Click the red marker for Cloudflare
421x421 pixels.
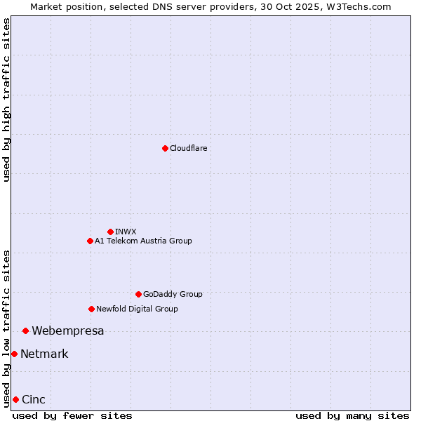pyautogui.click(x=165, y=148)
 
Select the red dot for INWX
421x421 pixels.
pyautogui.click(x=110, y=232)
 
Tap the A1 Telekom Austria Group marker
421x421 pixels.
pyautogui.click(x=90, y=241)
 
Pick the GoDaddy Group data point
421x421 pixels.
pyautogui.click(x=138, y=294)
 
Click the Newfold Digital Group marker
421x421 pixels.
pyautogui.click(x=91, y=309)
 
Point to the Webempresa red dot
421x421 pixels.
pyautogui.click(x=25, y=330)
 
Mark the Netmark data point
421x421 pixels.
pyautogui.click(x=14, y=354)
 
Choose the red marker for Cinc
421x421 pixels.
pyautogui.click(x=15, y=399)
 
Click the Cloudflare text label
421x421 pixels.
pyautogui.click(x=188, y=148)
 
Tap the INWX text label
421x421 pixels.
pyautogui.click(x=126, y=232)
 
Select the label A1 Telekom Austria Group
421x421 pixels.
pyautogui.click(x=143, y=241)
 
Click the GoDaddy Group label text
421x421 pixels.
pyautogui.click(x=173, y=294)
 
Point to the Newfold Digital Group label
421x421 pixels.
pyautogui.click(x=137, y=309)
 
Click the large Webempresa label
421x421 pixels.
pyautogui.click(x=68, y=330)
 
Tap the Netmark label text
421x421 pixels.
pyautogui.click(x=44, y=354)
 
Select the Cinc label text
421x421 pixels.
pyautogui.click(x=34, y=399)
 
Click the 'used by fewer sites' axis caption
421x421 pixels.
pyautogui.click(x=72, y=415)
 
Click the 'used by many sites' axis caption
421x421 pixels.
pyautogui.click(x=352, y=415)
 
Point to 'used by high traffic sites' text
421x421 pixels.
pyautogui.click(x=6, y=100)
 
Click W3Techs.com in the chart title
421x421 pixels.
pyautogui.click(x=356, y=6)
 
